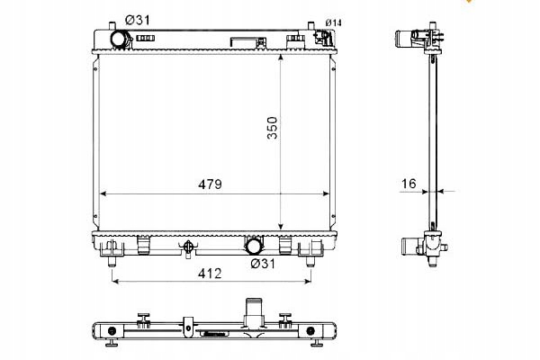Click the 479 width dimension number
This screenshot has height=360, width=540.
(209, 184)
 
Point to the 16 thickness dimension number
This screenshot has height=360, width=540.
(409, 184)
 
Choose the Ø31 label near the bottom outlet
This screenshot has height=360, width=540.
(262, 263)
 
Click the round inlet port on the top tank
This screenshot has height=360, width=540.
(119, 40)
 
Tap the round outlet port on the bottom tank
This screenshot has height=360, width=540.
(254, 245)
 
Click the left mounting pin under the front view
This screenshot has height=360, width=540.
(112, 262)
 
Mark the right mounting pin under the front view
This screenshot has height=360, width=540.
(310, 262)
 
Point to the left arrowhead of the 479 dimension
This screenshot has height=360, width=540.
(103, 193)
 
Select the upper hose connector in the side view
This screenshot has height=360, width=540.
(423, 38)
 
